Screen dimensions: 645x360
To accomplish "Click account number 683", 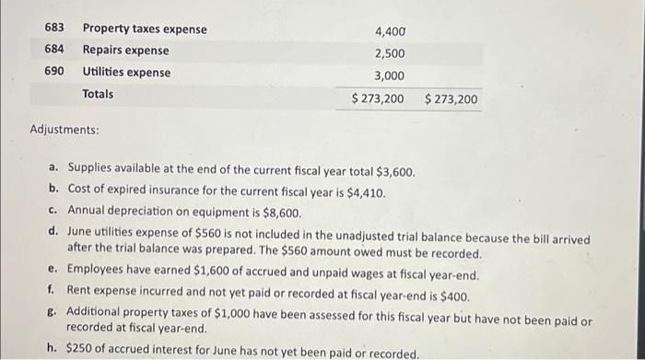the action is click(54, 29).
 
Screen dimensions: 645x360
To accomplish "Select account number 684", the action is click(54, 50).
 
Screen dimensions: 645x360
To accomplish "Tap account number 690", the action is click(54, 72).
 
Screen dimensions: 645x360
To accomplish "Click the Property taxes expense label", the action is click(145, 29).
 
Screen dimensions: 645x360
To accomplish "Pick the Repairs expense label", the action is click(125, 50).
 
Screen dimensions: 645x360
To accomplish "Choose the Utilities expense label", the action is click(126, 72).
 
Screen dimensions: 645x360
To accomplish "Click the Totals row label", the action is click(99, 94).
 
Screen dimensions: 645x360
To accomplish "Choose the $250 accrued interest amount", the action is click(82, 352).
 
